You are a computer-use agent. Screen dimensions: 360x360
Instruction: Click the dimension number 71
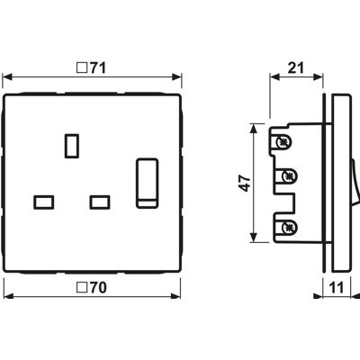98,68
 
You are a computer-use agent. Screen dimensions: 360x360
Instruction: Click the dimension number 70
98,288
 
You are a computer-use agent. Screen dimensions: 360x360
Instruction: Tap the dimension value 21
296,68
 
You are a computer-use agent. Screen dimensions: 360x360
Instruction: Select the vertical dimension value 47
246,184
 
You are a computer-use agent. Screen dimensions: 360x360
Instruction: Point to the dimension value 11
336,288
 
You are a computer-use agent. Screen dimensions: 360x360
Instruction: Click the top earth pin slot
72,146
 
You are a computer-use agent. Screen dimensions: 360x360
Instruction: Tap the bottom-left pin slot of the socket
44,202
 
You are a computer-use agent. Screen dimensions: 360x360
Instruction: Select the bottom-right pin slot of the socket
100,202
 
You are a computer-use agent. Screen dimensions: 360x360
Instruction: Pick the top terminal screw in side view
283,141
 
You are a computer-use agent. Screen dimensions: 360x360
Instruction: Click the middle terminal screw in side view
288,175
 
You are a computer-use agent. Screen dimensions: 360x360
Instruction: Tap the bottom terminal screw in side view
288,228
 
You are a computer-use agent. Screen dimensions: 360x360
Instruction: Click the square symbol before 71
80,68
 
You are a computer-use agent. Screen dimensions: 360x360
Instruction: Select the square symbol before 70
80,288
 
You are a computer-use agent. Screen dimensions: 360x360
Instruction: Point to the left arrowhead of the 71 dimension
7,77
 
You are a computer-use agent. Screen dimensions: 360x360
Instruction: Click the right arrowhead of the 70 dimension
175,296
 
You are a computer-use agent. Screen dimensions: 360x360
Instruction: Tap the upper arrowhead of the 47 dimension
254,129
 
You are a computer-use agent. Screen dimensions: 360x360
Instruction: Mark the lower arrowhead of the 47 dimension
254,238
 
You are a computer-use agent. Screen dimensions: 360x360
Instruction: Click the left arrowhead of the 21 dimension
274,77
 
